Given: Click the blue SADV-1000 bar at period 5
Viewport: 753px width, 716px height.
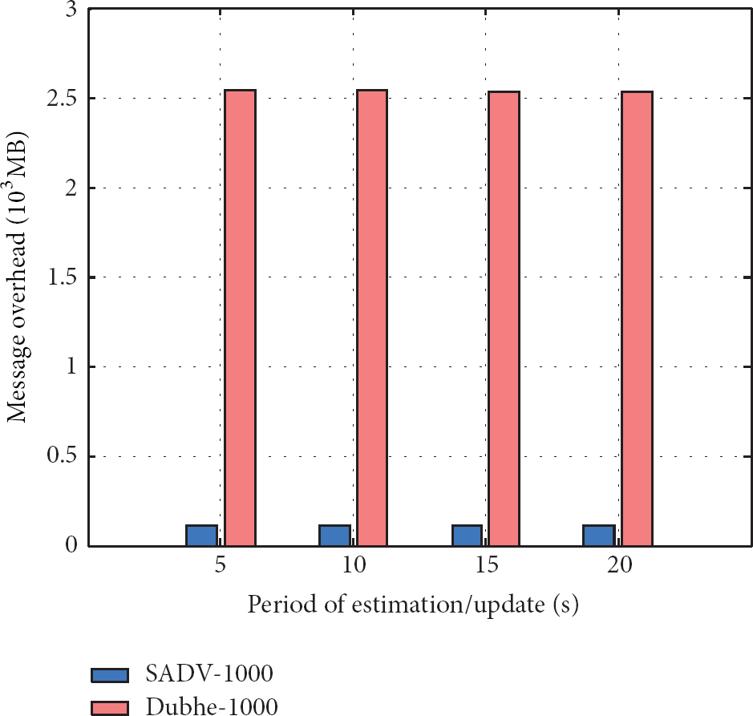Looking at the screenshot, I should (201, 536).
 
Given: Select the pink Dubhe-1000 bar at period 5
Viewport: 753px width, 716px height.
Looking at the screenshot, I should (240, 318).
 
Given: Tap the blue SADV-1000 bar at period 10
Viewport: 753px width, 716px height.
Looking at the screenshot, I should (334, 536).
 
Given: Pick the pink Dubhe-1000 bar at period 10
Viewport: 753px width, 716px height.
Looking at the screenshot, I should (372, 318).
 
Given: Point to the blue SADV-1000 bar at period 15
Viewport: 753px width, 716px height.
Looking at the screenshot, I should (467, 536).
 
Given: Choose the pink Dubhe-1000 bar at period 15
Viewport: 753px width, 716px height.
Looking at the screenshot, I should (504, 319).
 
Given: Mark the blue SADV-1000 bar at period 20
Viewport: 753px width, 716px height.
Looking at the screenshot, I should (599, 536).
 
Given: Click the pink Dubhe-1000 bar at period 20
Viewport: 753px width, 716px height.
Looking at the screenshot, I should (637, 319).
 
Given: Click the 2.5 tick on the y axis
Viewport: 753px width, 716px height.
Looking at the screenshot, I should (61, 99).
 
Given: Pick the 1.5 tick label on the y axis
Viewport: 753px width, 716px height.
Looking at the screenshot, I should (61, 278).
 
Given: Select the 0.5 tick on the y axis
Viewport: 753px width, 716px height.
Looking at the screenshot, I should (61, 457).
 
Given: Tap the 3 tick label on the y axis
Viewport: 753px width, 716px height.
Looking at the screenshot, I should (71, 10).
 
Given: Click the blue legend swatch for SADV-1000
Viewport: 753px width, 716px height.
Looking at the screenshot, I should (111, 674).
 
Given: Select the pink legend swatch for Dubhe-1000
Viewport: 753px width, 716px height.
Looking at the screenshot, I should (111, 706).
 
